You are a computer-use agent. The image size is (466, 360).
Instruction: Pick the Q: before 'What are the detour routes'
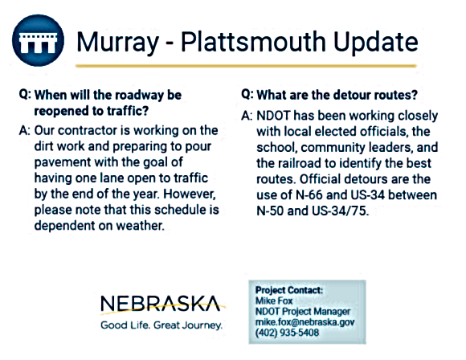pyautogui.click(x=248, y=94)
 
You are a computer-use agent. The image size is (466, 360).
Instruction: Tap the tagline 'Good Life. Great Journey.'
pyautogui.click(x=161, y=325)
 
